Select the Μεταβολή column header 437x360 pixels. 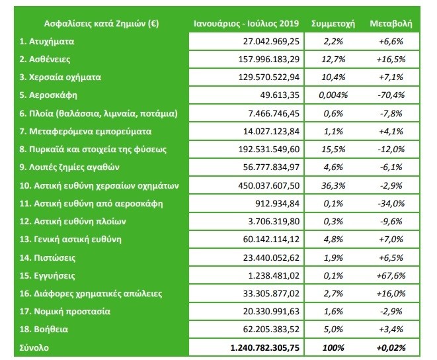click(390, 23)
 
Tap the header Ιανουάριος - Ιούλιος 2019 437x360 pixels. click(246, 23)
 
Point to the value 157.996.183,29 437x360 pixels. click(262, 59)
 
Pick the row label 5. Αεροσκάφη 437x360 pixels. click(48, 95)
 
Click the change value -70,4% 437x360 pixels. click(390, 95)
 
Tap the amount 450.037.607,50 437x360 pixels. click(262, 185)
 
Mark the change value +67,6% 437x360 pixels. click(390, 275)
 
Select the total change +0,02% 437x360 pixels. click(390, 346)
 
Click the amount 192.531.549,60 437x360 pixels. click(262, 149)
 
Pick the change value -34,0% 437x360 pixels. click(390, 202)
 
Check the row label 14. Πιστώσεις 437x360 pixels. click(48, 257)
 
